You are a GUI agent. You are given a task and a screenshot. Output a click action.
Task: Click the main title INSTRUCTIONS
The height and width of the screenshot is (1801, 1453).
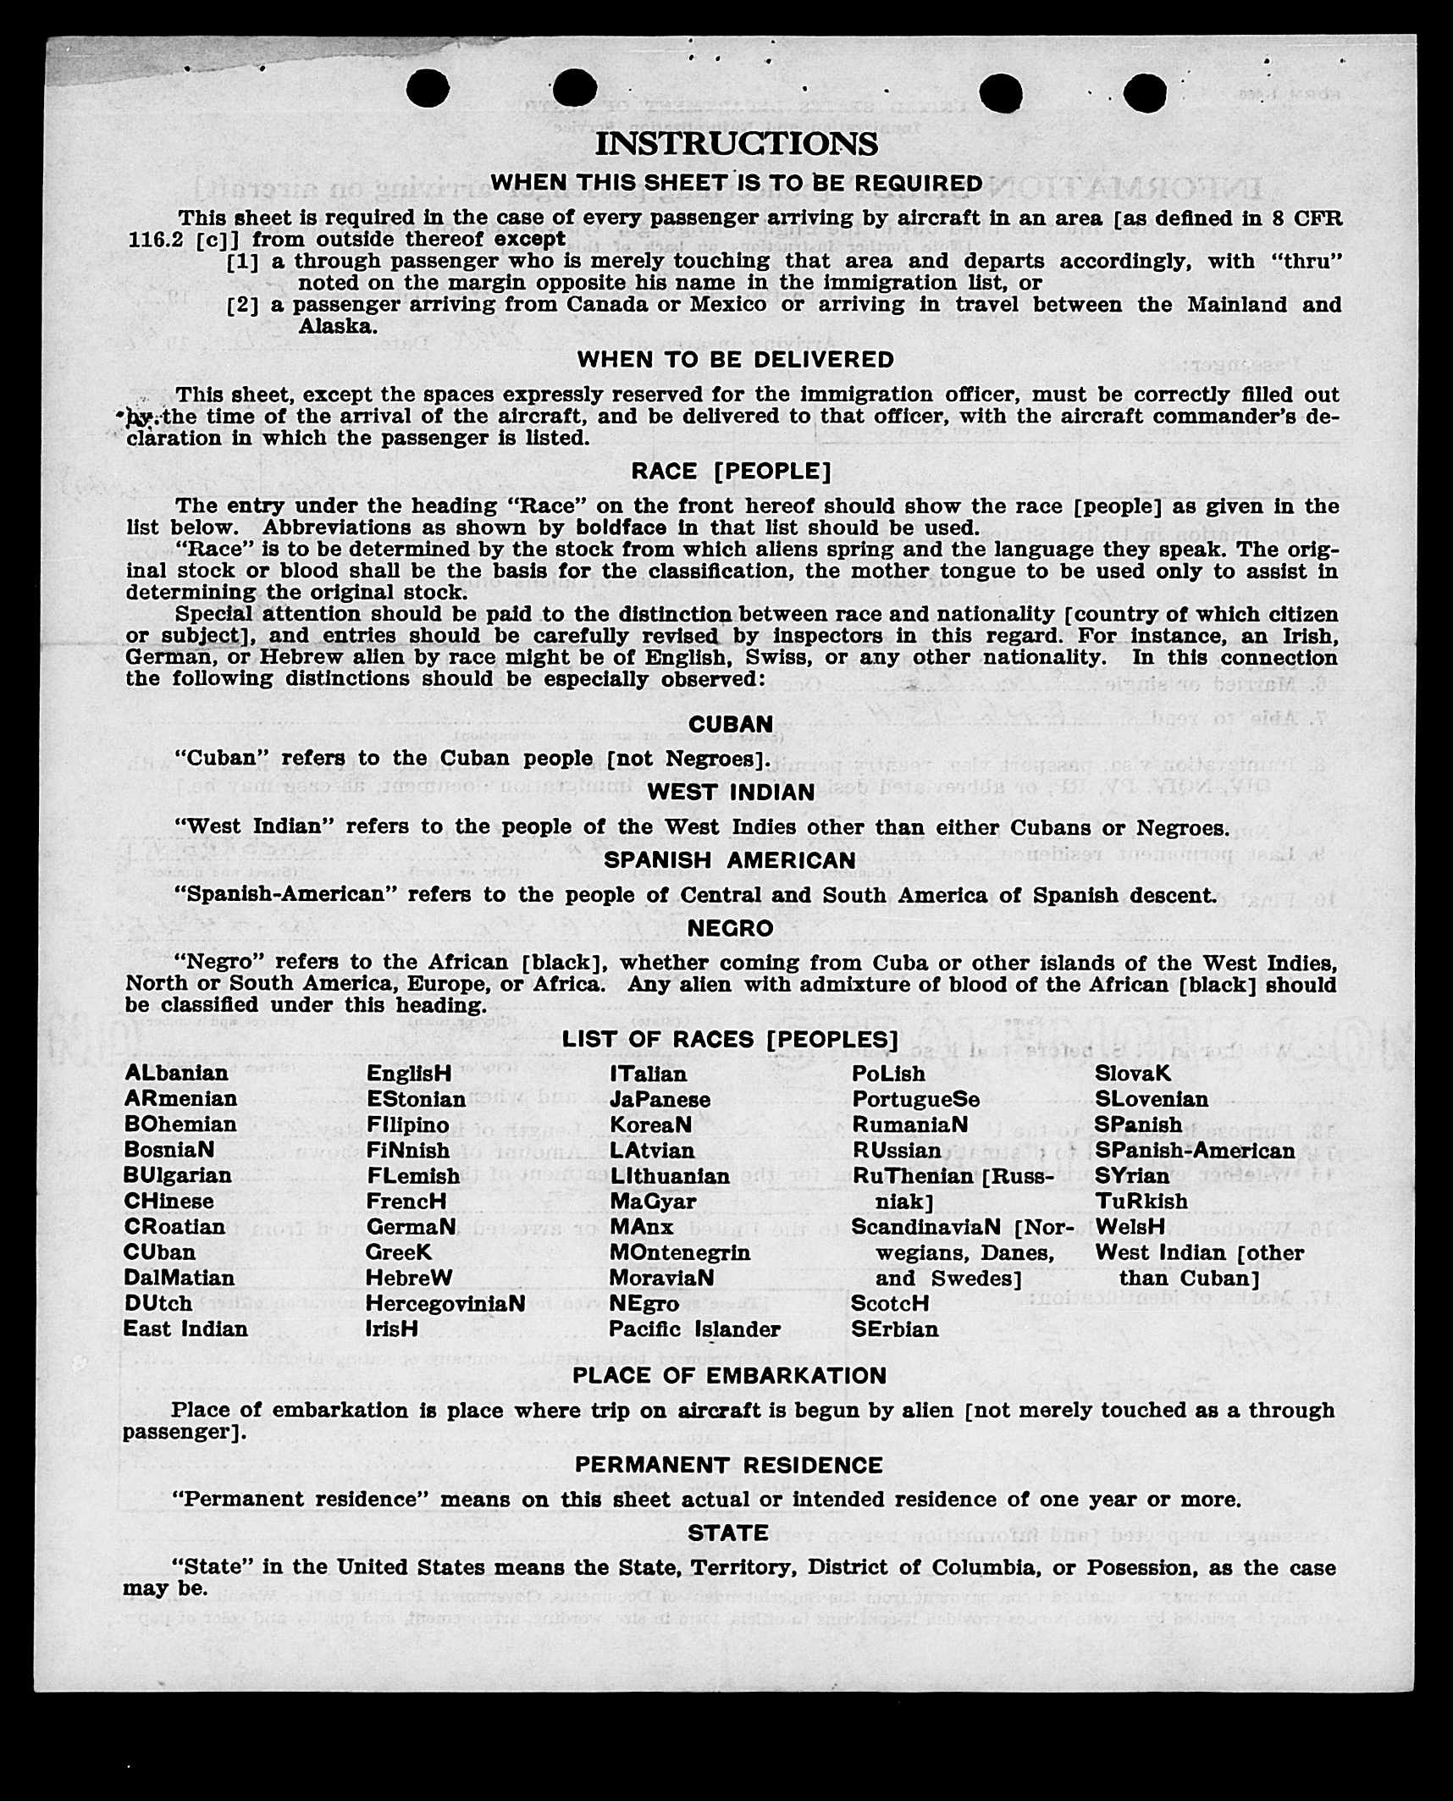pyautogui.click(x=736, y=144)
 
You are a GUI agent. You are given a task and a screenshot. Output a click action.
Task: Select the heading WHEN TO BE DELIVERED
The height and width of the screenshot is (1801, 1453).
pyautogui.click(x=735, y=360)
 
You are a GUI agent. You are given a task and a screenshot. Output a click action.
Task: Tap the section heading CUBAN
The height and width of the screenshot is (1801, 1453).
pyautogui.click(x=730, y=725)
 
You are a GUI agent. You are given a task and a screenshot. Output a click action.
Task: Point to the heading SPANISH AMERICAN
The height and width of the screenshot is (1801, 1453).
pyautogui.click(x=729, y=860)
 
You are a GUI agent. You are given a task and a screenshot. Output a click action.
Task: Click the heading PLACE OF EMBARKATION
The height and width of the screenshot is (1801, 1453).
pyautogui.click(x=729, y=1376)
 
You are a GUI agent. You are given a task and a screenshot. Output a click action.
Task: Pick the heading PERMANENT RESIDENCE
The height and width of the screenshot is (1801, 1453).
pyautogui.click(x=728, y=1466)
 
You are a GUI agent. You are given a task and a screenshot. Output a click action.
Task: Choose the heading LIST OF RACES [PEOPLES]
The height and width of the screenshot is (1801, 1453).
pyautogui.click(x=729, y=1040)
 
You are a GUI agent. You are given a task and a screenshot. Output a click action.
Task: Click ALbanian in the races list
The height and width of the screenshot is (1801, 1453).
pyautogui.click(x=176, y=1074)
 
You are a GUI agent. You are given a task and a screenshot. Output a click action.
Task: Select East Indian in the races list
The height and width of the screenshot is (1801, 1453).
pyautogui.click(x=185, y=1329)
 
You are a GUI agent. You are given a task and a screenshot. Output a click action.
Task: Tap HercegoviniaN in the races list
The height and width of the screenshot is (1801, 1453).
pyautogui.click(x=445, y=1304)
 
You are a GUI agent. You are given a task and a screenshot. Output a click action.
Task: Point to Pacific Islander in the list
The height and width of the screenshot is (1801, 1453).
pyautogui.click(x=694, y=1329)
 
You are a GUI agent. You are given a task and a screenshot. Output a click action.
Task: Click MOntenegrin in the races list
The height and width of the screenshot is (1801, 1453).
pyautogui.click(x=679, y=1252)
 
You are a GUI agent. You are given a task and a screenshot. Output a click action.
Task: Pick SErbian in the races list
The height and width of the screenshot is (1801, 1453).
pyautogui.click(x=894, y=1329)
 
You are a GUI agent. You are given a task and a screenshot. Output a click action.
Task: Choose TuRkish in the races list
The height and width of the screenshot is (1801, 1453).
pyautogui.click(x=1141, y=1202)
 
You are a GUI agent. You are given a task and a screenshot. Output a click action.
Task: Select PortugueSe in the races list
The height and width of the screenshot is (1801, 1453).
pyautogui.click(x=915, y=1099)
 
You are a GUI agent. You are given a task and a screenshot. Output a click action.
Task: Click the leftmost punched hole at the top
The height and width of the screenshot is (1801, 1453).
pyautogui.click(x=427, y=89)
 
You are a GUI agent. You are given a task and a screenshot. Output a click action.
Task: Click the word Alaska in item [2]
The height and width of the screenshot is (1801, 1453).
pyautogui.click(x=337, y=327)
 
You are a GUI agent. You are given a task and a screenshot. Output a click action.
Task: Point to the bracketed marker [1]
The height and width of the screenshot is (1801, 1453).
pyautogui.click(x=242, y=262)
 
